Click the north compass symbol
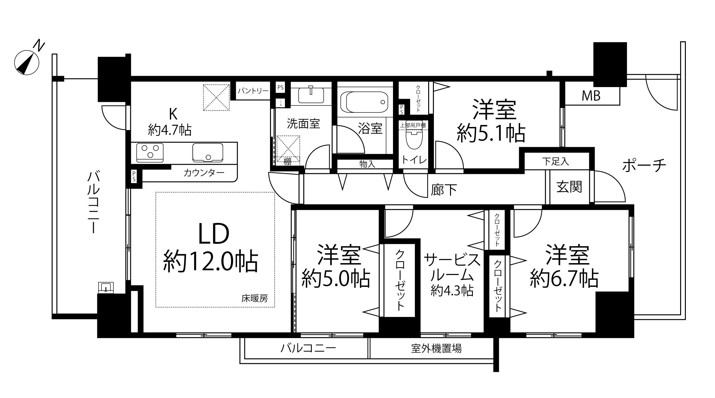click(27, 63)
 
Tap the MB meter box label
click(591, 96)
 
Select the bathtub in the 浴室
click(366, 102)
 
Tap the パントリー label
click(253, 91)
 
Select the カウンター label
click(204, 173)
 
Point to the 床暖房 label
click(254, 299)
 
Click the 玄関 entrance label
click(569, 187)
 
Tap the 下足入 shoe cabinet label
click(555, 161)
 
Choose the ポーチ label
click(644, 165)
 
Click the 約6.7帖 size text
click(564, 279)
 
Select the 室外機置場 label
click(436, 349)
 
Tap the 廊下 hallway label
click(444, 190)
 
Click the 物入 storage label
click(367, 164)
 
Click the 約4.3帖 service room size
click(452, 290)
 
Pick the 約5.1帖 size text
click(491, 134)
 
